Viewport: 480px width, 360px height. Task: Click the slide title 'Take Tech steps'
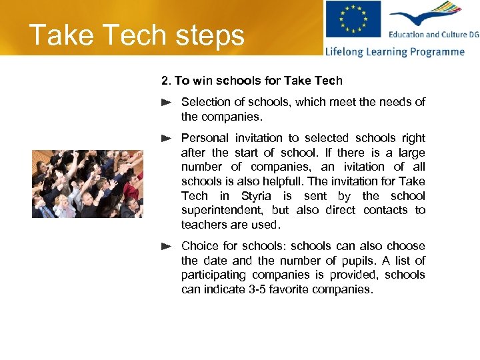pos(137,35)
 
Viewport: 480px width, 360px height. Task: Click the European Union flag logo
pos(353,19)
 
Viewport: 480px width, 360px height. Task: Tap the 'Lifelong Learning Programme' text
pos(395,52)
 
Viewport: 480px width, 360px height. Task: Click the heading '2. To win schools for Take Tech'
pos(252,81)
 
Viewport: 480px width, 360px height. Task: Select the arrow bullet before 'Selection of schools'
pos(167,103)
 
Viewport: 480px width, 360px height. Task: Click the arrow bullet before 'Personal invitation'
pos(167,138)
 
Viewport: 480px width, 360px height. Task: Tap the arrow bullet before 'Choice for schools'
pos(167,246)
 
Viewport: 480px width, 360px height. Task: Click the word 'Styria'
pos(255,196)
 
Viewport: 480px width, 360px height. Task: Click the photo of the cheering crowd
pos(87,183)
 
